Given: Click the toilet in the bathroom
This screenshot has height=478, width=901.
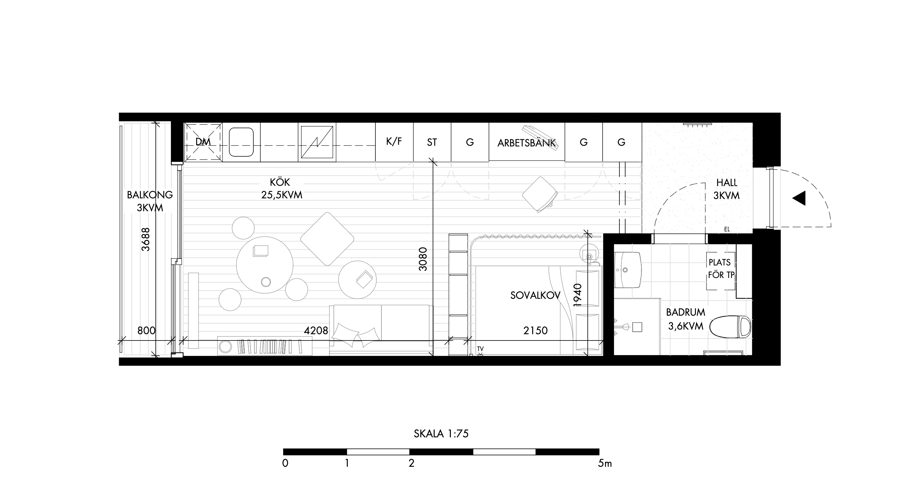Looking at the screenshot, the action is pyautogui.click(x=730, y=327).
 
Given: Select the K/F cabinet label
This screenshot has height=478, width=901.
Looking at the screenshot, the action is pyautogui.click(x=394, y=141).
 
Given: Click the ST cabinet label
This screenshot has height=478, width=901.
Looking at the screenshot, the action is pyautogui.click(x=432, y=142).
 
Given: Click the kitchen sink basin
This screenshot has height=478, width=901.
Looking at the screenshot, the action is pyautogui.click(x=241, y=142).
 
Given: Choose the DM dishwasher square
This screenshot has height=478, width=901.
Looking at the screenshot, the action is pyautogui.click(x=203, y=142).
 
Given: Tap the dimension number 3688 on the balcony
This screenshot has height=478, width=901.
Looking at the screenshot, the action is pyautogui.click(x=146, y=240).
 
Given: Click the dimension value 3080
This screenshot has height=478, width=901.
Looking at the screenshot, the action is pyautogui.click(x=423, y=259).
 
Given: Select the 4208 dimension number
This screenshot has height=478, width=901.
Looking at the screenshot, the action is pyautogui.click(x=316, y=331).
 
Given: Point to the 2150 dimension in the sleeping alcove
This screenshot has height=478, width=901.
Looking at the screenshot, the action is pyautogui.click(x=536, y=331).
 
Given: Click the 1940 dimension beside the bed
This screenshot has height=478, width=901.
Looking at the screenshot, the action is pyautogui.click(x=578, y=295).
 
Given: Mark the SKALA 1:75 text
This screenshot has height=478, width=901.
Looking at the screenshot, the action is pyautogui.click(x=441, y=434).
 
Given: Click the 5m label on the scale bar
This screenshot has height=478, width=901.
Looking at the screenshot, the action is pyautogui.click(x=605, y=464).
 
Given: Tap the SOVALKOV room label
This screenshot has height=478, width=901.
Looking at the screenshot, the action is pyautogui.click(x=535, y=296).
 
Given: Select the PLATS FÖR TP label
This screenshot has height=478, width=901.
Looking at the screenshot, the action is pyautogui.click(x=721, y=268).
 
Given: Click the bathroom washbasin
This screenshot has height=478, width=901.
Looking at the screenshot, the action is pyautogui.click(x=627, y=270).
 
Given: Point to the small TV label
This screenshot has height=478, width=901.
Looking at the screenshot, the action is pyautogui.click(x=480, y=349).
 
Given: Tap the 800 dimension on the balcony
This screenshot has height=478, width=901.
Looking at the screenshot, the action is pyautogui.click(x=146, y=331).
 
